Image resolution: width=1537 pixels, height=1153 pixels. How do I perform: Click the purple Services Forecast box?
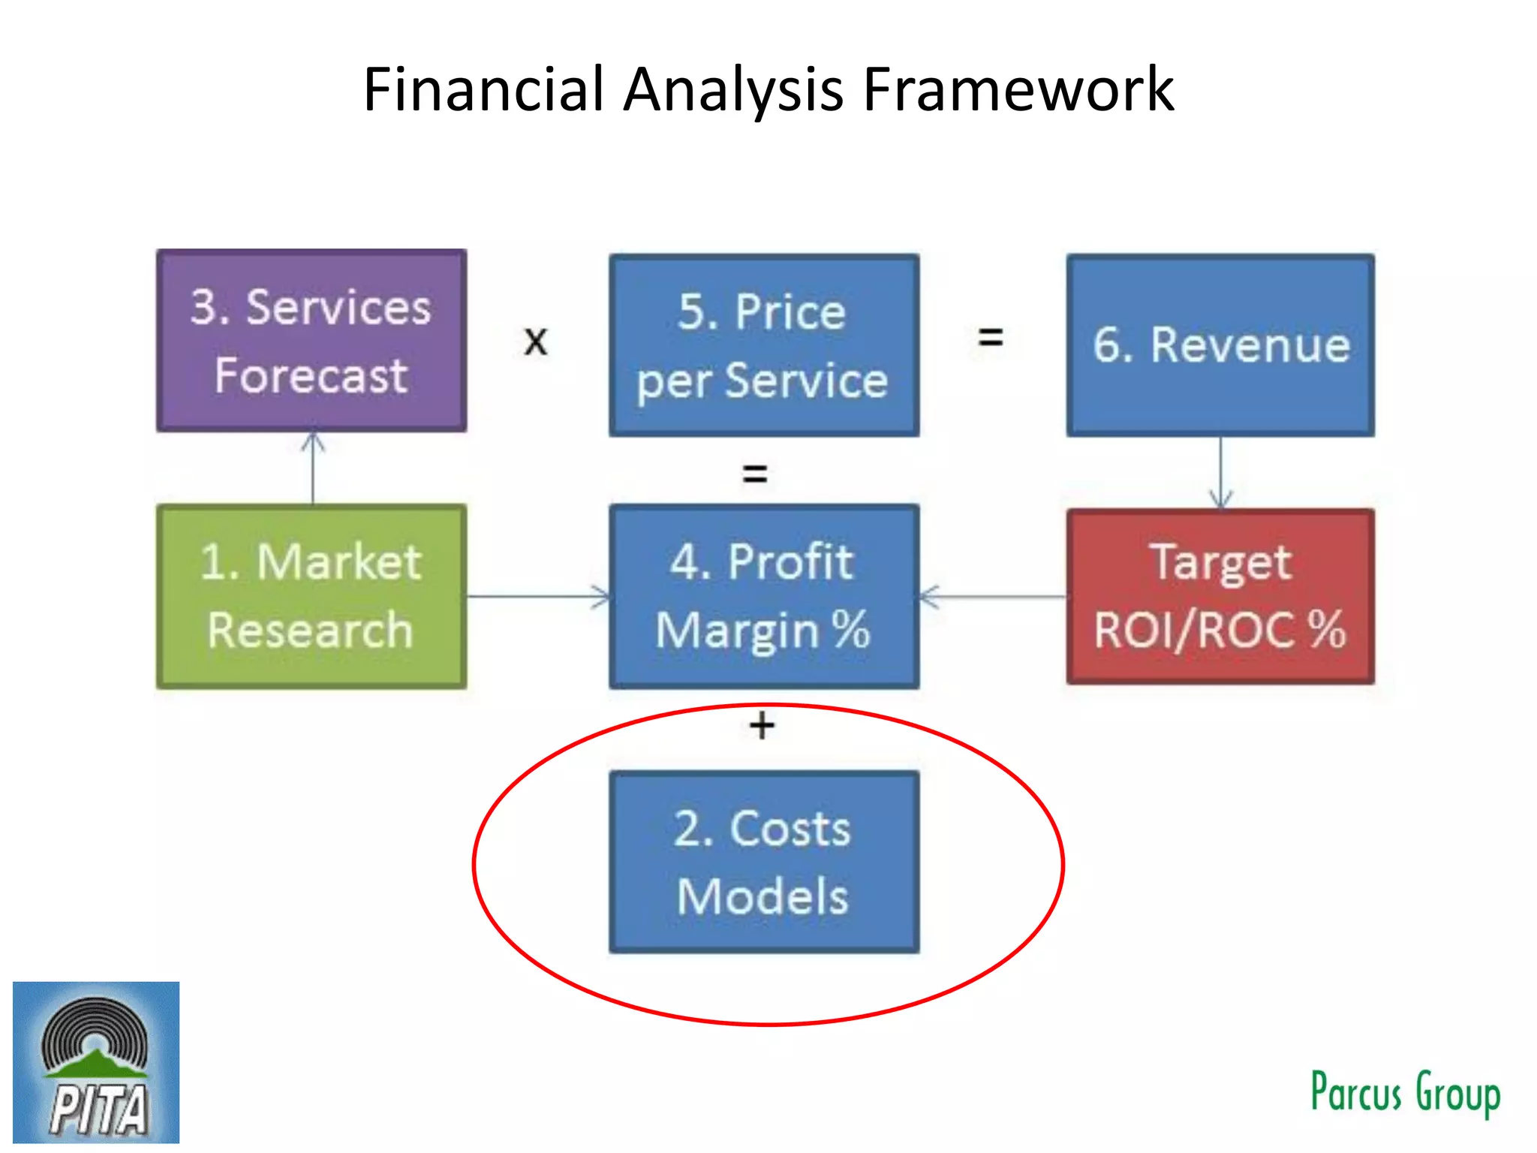tap(311, 341)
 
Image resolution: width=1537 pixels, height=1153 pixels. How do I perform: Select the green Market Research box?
tap(311, 596)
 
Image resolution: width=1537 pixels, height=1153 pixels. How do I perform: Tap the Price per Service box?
tap(763, 345)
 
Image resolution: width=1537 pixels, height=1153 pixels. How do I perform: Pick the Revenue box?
tap(1220, 345)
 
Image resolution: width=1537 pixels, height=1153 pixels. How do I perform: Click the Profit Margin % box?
tap(763, 596)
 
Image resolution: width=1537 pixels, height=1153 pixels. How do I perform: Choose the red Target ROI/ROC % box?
tap(1220, 596)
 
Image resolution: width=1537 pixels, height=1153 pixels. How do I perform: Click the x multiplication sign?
tap(536, 342)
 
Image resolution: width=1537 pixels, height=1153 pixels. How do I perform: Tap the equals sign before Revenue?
tap(991, 337)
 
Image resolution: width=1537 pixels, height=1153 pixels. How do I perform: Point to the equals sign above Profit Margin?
tap(755, 474)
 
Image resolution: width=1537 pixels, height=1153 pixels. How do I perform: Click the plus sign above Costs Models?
tap(762, 726)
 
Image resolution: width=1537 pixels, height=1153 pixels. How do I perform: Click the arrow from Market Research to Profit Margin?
tap(537, 597)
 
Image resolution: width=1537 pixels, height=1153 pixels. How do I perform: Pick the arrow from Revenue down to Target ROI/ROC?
tap(1221, 473)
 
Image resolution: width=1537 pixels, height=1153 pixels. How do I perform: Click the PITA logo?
tap(96, 1062)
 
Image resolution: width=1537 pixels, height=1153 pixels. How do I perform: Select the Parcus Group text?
tap(1405, 1092)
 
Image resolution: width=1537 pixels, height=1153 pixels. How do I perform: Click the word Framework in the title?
tap(1018, 89)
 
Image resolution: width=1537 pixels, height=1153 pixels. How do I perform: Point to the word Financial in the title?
tap(484, 89)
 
